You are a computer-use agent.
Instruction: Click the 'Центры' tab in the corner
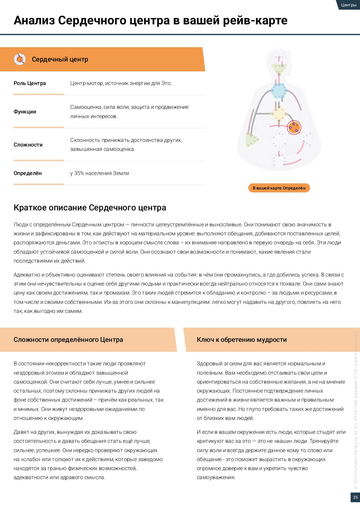click(x=348, y=5)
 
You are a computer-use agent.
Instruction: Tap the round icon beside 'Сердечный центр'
click(x=20, y=59)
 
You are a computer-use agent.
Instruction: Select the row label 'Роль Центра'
click(x=30, y=83)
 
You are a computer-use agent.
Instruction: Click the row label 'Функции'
click(x=25, y=112)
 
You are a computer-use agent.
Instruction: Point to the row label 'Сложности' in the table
click(x=28, y=145)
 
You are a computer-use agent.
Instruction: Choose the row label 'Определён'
click(x=28, y=173)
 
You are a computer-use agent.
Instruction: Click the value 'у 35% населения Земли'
click(x=100, y=173)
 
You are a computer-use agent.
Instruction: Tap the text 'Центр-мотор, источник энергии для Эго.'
click(x=121, y=83)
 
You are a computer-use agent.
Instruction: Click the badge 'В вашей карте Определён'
click(x=279, y=188)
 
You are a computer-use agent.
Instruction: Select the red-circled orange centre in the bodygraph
click(x=294, y=127)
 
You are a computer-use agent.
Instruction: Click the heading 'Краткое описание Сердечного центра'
click(x=90, y=208)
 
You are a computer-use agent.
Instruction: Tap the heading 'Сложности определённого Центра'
click(x=68, y=340)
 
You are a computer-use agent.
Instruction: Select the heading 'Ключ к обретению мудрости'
click(x=242, y=340)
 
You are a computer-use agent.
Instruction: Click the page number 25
click(x=355, y=497)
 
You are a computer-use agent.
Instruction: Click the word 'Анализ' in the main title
click(x=34, y=20)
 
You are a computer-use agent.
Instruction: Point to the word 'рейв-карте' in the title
click(x=255, y=20)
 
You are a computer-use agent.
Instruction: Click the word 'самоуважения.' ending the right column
click(x=216, y=477)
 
